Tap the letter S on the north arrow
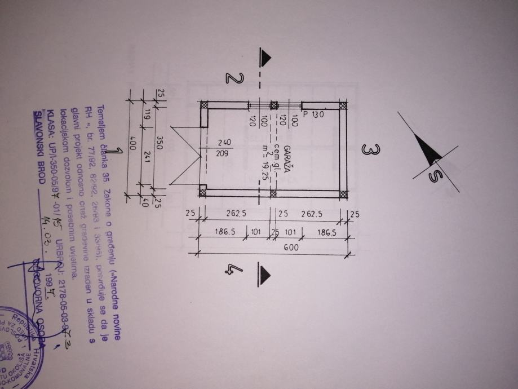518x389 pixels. pos(434,176)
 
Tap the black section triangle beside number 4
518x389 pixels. pos(264,272)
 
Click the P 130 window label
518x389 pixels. pos(314,114)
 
